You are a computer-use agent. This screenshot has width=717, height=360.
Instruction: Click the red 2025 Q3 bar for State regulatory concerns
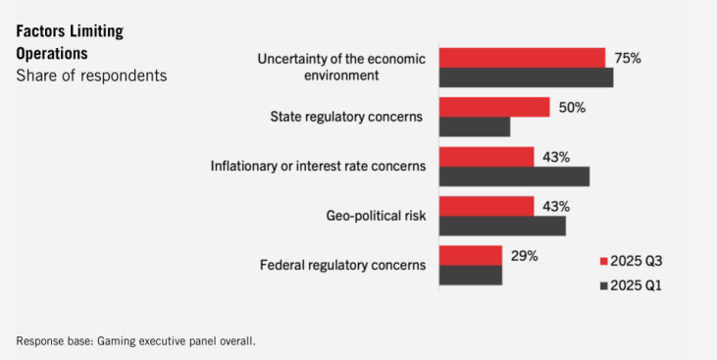pos(494,107)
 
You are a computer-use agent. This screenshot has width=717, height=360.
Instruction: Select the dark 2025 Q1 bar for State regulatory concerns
pos(475,127)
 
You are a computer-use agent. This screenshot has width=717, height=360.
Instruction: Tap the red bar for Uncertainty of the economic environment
pos(522,58)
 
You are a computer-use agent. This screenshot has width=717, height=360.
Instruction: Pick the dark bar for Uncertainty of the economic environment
pos(527,77)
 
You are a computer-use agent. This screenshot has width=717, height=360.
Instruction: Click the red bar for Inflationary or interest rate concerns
pos(487,157)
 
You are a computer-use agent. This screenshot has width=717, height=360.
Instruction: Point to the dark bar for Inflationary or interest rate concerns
pos(514,177)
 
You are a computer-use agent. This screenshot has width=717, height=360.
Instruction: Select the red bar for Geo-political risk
pos(487,206)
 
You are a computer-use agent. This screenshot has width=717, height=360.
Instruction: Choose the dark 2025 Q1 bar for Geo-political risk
pos(502,226)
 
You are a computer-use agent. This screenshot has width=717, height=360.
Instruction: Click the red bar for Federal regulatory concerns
pos(471,256)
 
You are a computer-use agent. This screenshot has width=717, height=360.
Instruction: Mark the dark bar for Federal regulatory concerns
pos(471,276)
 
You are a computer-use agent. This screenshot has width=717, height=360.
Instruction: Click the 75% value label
pos(628,59)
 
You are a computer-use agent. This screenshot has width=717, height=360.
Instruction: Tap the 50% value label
pos(572,108)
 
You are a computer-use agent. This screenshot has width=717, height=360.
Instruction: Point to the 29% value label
pos(525,256)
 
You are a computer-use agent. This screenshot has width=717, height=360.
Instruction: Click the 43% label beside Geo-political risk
pos(556,207)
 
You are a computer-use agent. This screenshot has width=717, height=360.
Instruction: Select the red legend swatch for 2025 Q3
pos(603,262)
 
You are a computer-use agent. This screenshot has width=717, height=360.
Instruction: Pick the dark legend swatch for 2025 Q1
pos(603,286)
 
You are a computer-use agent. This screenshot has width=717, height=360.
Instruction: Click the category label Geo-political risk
pos(376,216)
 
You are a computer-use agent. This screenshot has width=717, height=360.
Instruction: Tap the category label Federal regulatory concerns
pos(343,265)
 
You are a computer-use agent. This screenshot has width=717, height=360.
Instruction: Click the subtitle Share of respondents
pos(91,76)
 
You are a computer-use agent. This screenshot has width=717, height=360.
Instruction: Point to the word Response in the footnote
pos(35,341)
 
